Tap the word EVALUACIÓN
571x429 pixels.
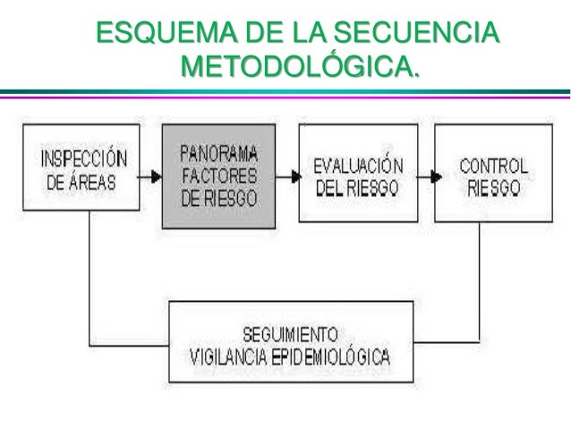point(357,167)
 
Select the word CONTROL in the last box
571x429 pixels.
point(493,166)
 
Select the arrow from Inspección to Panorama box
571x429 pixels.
point(149,176)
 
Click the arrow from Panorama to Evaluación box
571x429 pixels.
point(286,176)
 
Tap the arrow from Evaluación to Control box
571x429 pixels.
point(425,176)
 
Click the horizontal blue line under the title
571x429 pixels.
point(285,92)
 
